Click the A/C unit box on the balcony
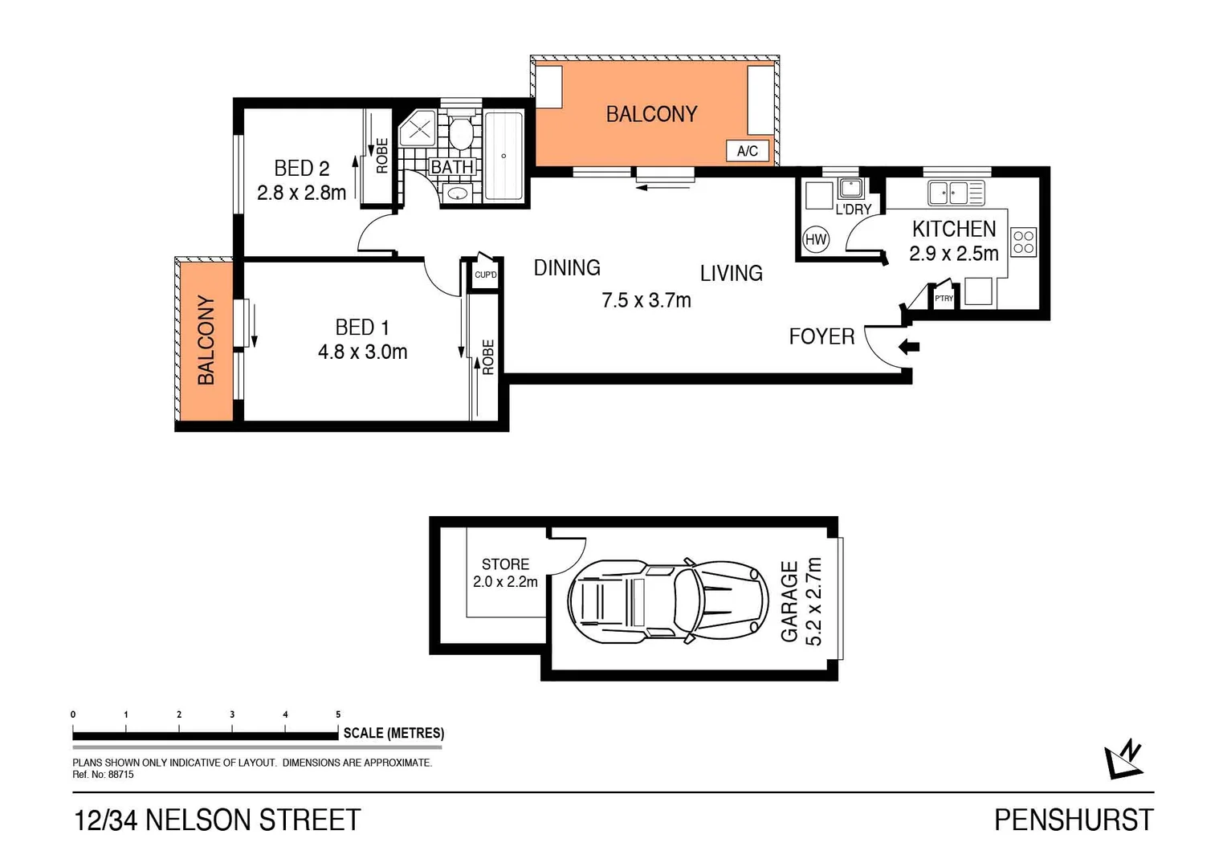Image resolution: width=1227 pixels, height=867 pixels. [747, 151]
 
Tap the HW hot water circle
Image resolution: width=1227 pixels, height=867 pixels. [816, 239]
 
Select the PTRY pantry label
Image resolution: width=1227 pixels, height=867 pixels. [944, 299]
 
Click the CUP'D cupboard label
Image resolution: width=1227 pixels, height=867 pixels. [485, 275]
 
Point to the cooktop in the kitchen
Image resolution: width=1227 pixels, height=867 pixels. [1023, 242]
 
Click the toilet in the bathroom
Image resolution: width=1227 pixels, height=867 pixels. [460, 133]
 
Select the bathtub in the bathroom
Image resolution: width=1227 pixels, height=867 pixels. [503, 156]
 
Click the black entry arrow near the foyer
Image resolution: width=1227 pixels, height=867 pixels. [909, 348]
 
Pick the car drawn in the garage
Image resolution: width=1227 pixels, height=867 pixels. [663, 600]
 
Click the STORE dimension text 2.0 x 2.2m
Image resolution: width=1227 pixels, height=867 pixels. [505, 582]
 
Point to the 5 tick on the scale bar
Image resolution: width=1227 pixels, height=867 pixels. [338, 714]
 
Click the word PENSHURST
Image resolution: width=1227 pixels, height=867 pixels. [1073, 820]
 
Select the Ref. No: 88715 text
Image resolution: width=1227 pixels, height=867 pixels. [103, 775]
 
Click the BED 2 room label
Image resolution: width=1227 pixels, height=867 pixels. [301, 168]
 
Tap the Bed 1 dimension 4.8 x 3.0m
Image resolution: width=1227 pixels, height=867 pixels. [362, 352]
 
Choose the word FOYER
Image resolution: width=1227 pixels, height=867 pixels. [821, 336]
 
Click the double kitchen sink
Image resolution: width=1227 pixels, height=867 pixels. [948, 193]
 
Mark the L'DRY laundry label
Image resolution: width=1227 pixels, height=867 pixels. [853, 210]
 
